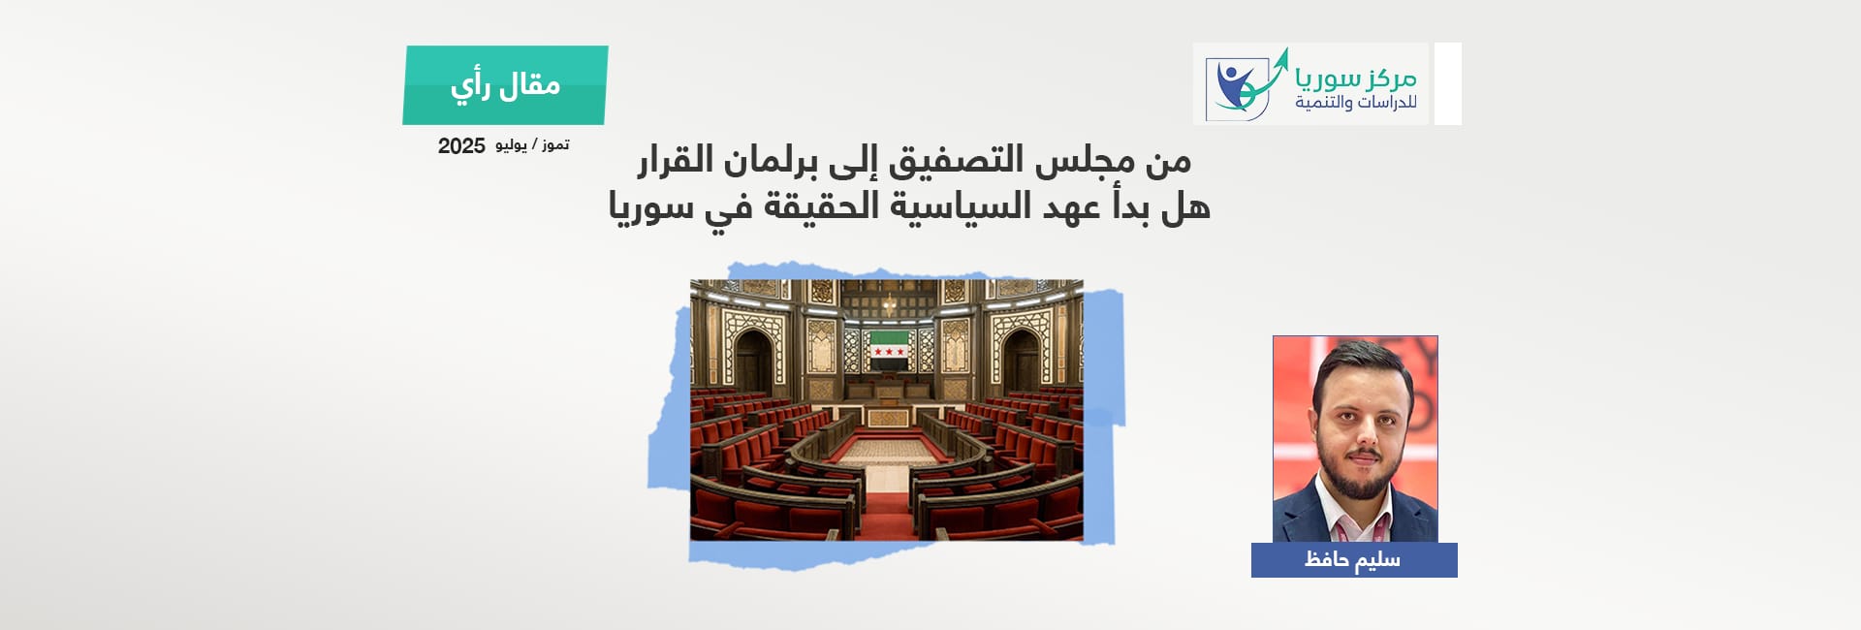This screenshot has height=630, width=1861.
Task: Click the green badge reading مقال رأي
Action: coord(505,85)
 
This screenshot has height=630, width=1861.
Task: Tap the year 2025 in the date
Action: coord(461,146)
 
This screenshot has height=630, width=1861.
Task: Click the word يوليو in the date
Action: coord(511,145)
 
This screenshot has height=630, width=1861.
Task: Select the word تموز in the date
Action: coord(555,144)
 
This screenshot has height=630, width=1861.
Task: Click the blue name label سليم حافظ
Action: coord(1354,560)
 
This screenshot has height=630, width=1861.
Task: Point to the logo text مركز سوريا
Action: coord(1356,76)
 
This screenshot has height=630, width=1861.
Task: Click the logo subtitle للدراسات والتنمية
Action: coord(1356,102)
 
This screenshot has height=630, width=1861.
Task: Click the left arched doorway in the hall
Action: coord(753,362)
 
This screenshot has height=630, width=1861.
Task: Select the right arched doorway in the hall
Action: coord(1021,362)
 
